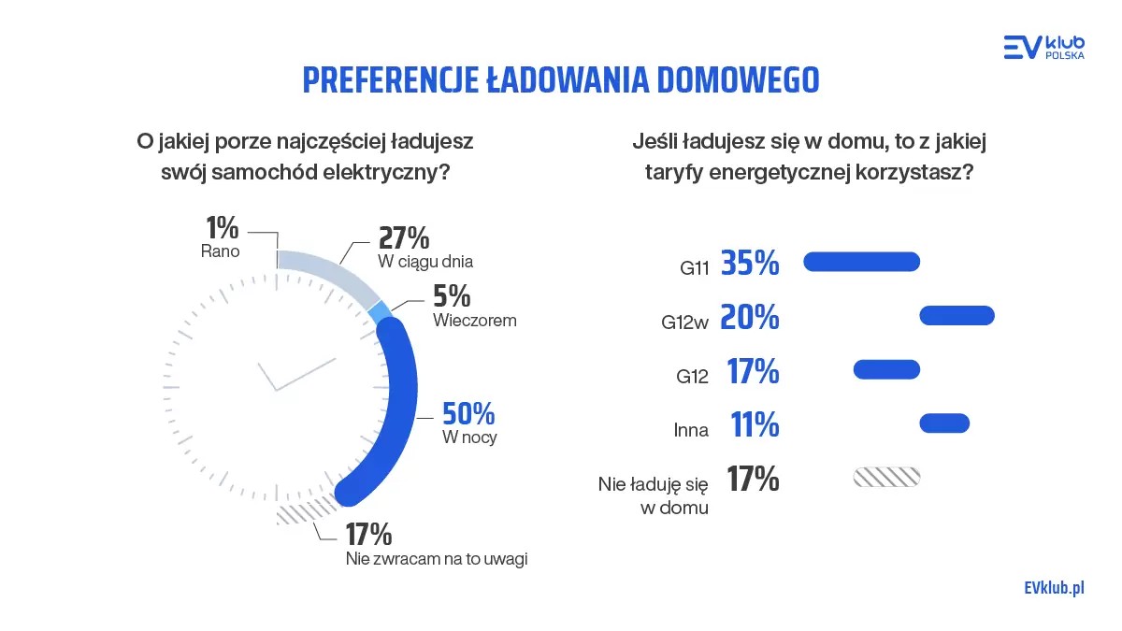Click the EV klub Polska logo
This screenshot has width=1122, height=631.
(1043, 47)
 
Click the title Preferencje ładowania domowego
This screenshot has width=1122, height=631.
(560, 80)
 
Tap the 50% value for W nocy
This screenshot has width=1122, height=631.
(468, 413)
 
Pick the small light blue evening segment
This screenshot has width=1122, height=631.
(379, 313)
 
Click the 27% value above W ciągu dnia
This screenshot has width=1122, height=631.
(404, 237)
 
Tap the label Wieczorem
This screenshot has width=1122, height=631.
(475, 320)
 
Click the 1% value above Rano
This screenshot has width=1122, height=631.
(222, 228)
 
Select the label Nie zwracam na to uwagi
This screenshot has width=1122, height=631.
(436, 559)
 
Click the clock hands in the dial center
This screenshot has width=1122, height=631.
(290, 374)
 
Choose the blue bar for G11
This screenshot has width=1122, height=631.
(862, 262)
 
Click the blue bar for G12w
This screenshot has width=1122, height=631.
(957, 316)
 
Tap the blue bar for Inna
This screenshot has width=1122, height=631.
(944, 423)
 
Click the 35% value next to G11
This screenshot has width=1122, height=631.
(750, 265)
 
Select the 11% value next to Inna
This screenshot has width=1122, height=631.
(755, 426)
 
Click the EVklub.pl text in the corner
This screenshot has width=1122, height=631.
(1053, 587)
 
